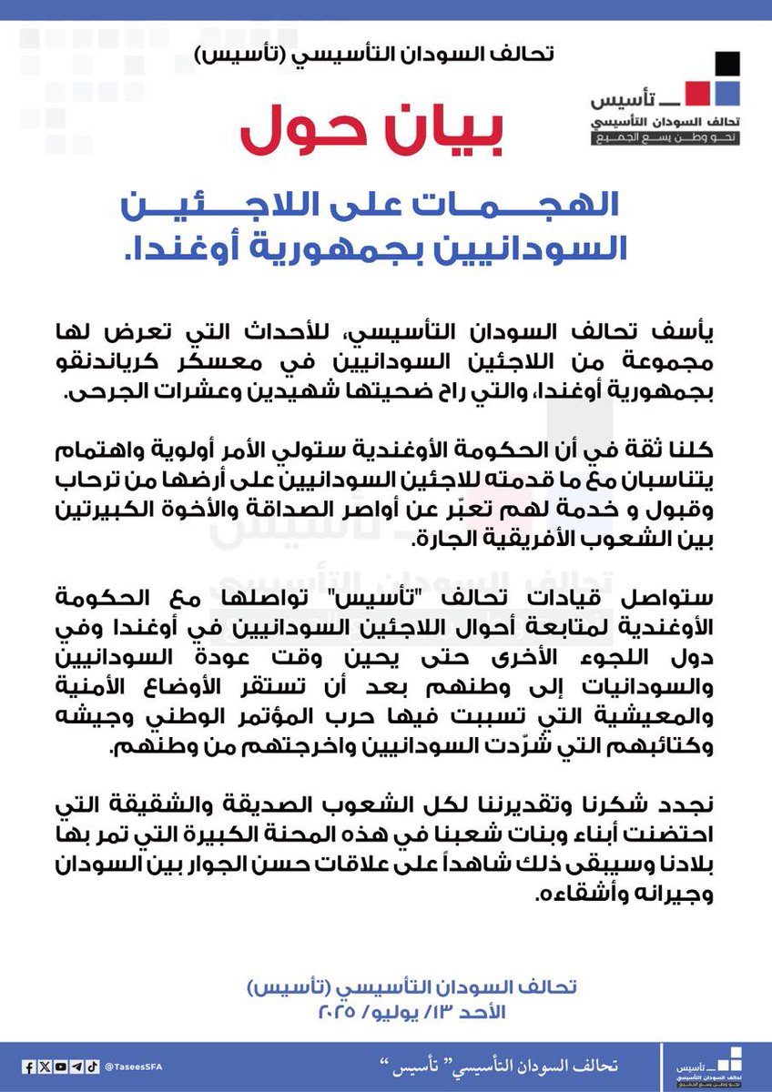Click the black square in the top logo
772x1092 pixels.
coord(726,65)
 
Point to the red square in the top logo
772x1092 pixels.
coord(695,93)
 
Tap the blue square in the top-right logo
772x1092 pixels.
coord(726,93)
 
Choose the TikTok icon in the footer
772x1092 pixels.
coord(92,1067)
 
